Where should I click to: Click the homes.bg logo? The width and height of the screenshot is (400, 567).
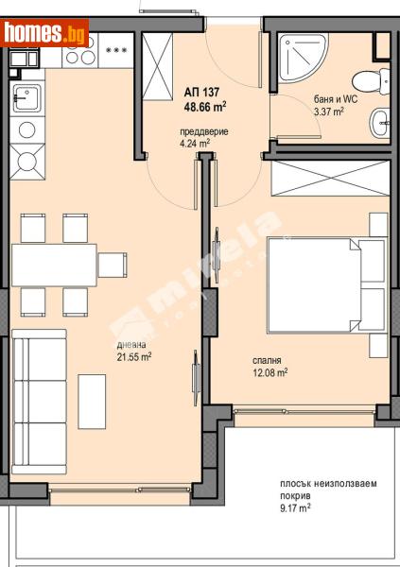pyautogui.click(x=44, y=32)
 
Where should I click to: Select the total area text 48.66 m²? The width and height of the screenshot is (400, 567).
pyautogui.click(x=205, y=108)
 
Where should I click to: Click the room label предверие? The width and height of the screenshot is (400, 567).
pyautogui.click(x=208, y=132)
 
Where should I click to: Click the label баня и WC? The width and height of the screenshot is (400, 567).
pyautogui.click(x=336, y=99)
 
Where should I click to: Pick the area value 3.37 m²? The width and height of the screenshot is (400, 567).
pyautogui.click(x=328, y=112)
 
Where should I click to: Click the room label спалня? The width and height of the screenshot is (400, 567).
pyautogui.click(x=268, y=359)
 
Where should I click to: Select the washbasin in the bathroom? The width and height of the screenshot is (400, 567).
pyautogui.click(x=379, y=119)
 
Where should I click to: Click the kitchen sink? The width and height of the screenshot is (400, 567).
pyautogui.click(x=26, y=98)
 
